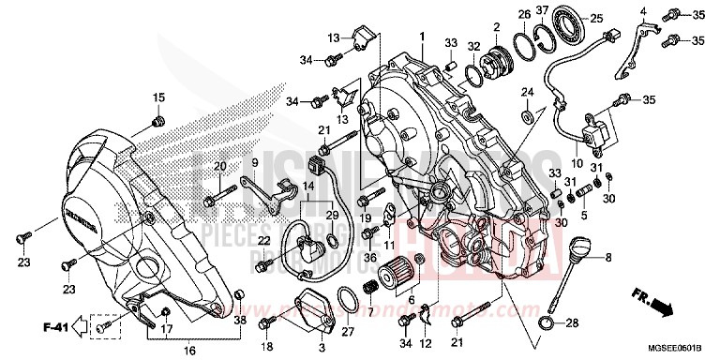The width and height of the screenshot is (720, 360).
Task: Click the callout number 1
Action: (x=422, y=36)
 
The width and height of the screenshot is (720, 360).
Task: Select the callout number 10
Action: (x=577, y=162)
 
